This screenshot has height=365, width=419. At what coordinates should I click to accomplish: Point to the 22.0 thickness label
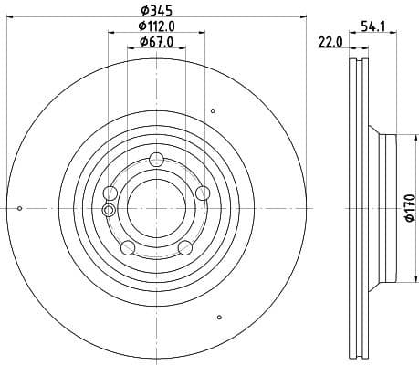pos(330,42)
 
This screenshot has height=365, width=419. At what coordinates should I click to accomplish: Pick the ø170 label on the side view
pos(410,208)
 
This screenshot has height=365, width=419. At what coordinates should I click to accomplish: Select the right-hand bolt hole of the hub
pos(203,191)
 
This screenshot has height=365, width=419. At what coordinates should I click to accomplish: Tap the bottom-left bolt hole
pos(128,247)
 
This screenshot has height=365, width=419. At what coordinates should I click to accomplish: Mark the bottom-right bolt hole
pos(185,247)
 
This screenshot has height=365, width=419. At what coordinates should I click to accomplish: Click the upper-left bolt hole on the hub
pos(110,192)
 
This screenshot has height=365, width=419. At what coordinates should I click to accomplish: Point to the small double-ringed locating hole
pos(110,210)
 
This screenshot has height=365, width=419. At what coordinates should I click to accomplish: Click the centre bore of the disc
pos(156,208)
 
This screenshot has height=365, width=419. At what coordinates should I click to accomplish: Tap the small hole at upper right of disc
pos(213,111)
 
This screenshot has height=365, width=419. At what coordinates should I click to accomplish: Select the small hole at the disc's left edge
pos(20,209)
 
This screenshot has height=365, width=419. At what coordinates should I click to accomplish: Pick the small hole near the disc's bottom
pos(219,318)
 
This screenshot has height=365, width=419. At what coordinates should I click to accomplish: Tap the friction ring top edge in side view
pos(358,63)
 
